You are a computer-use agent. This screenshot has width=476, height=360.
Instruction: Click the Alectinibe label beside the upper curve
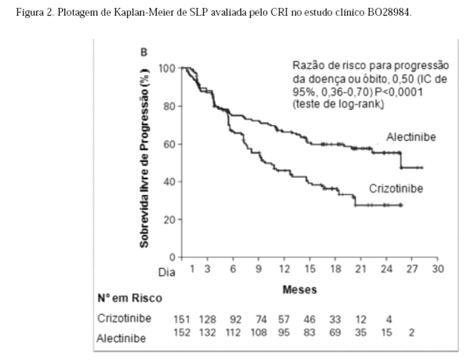tap(411, 137)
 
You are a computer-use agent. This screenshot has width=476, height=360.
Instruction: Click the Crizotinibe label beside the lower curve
tap(395, 188)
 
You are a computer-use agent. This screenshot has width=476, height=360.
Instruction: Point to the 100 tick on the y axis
tap(167, 68)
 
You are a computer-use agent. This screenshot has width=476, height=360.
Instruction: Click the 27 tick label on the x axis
tap(413, 269)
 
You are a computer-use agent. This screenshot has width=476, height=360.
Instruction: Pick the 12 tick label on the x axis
tap(284, 269)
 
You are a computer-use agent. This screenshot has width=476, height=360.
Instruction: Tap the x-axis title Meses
tap(299, 289)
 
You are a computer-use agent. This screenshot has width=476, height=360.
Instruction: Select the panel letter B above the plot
tap(144, 53)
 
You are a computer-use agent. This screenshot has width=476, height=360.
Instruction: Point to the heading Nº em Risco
tap(130, 298)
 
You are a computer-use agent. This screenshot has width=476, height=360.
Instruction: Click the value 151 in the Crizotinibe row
tap(182, 319)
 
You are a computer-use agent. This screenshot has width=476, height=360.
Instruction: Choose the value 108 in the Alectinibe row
tap(259, 332)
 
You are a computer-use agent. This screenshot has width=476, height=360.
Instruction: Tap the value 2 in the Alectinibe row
tap(411, 332)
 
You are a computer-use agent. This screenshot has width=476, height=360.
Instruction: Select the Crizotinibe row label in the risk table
tap(124, 318)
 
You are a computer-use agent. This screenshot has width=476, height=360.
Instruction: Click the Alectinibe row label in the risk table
tap(122, 338)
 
